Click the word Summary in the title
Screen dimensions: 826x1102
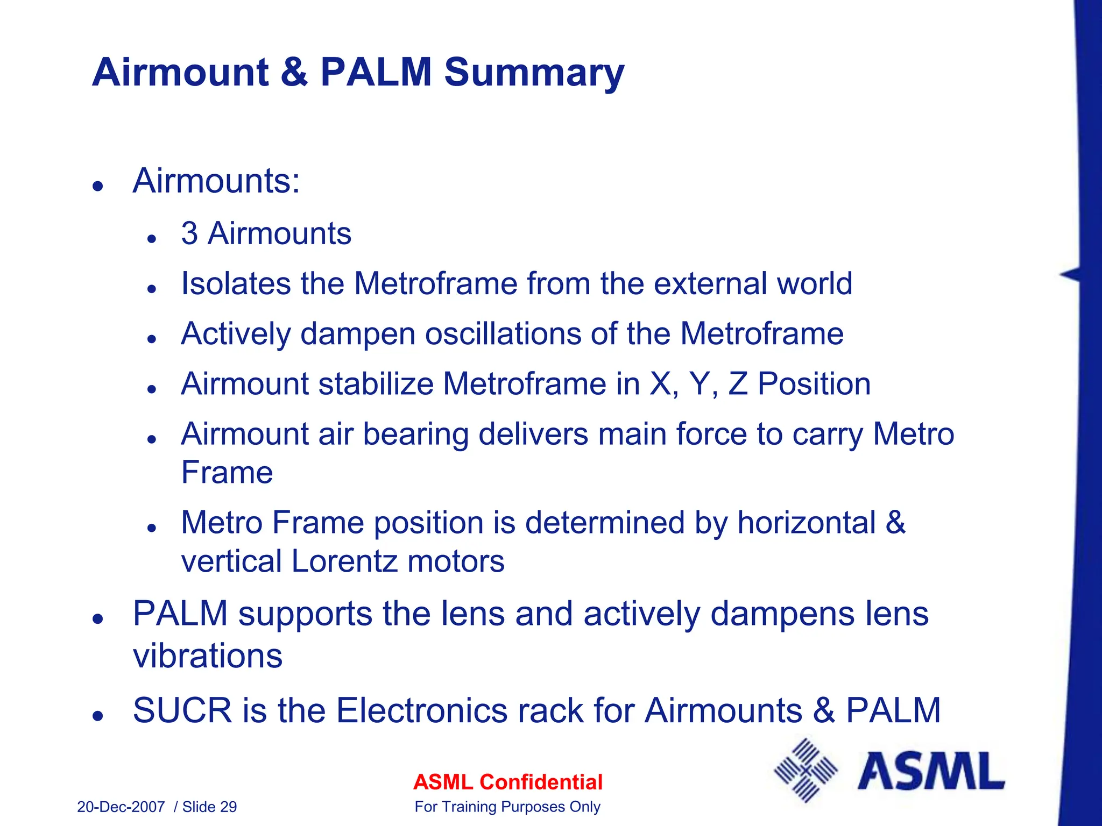point(534,73)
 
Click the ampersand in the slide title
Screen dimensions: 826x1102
point(293,73)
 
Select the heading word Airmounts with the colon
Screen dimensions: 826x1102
point(216,181)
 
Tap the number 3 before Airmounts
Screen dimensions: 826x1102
point(189,233)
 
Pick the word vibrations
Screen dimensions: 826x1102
point(207,656)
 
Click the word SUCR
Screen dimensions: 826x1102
point(182,710)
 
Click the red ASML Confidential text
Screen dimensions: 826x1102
point(507,782)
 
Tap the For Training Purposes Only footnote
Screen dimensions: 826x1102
point(507,807)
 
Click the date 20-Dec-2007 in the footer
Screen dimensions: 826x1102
point(121,807)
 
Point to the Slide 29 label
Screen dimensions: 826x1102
point(209,807)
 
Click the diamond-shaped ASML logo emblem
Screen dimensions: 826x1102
point(806,770)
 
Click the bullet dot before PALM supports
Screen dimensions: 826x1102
point(97,619)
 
